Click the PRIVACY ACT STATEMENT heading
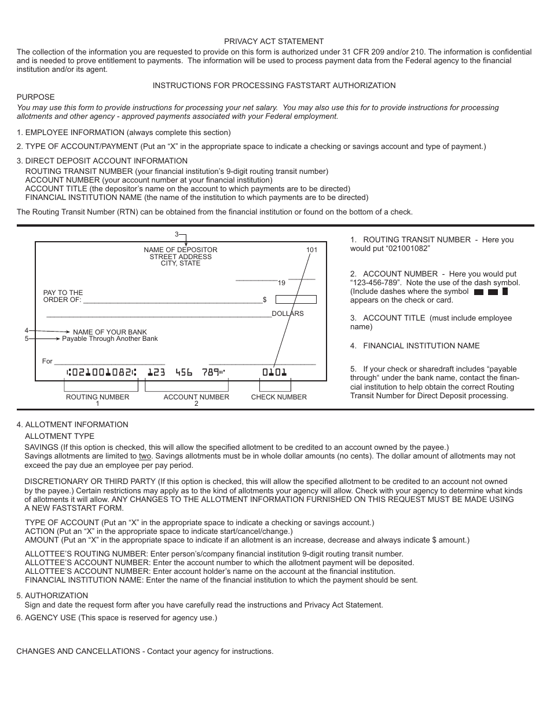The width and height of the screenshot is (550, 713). tap(274, 41)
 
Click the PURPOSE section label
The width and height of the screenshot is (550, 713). tap(35, 97)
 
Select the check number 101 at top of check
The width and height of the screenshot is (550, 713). tap(312, 250)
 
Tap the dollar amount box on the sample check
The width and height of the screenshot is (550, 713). tap(296, 300)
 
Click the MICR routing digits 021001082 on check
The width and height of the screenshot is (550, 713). tap(102, 372)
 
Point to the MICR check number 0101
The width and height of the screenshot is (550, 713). tap(274, 372)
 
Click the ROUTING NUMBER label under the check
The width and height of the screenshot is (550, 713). tap(97, 397)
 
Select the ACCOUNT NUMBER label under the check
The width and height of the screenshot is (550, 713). tap(196, 397)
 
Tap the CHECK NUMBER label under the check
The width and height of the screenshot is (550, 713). tap(278, 397)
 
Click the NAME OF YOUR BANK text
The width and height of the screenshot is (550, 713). tap(110, 332)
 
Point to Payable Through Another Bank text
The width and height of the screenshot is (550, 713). tap(109, 339)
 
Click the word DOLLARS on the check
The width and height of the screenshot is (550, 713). tap(288, 314)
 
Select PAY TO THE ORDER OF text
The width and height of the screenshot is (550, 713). tap(63, 296)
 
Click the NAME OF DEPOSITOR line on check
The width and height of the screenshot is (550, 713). tap(181, 250)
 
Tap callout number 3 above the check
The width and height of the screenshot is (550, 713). tap(177, 234)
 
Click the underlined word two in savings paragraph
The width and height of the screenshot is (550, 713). tap(145, 456)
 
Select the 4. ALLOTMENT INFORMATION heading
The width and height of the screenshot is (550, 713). tap(72, 424)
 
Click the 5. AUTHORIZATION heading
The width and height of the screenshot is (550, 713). tap(52, 595)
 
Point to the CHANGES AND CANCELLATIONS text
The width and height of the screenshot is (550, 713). tap(145, 651)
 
